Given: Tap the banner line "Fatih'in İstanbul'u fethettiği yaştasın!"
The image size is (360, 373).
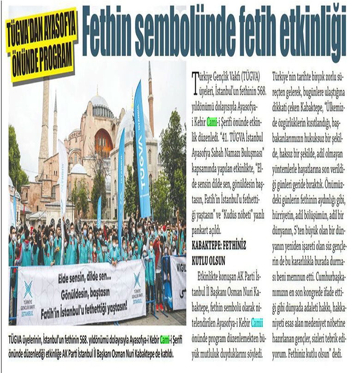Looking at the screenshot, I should pos(87,306).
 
